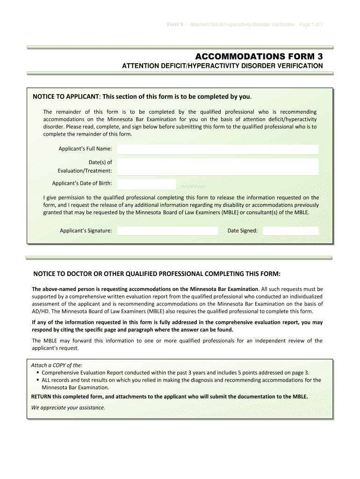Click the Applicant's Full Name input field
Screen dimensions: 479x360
click(x=218, y=149)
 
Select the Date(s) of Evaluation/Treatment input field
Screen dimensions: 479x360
click(x=218, y=167)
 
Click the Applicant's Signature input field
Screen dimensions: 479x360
click(x=167, y=231)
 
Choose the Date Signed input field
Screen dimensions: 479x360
click(x=290, y=231)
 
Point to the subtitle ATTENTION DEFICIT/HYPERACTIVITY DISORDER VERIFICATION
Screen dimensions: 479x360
click(x=222, y=66)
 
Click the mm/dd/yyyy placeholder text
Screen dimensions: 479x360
click(x=193, y=186)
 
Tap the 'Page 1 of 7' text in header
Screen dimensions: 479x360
click(x=310, y=24)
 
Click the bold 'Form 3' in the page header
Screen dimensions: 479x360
click(x=175, y=24)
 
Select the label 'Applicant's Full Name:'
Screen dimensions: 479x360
click(x=85, y=149)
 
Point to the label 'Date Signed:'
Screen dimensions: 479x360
click(x=242, y=231)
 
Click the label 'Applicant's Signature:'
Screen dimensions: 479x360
click(x=86, y=231)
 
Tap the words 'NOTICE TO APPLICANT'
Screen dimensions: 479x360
click(x=65, y=97)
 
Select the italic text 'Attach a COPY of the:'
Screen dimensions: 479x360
click(x=56, y=365)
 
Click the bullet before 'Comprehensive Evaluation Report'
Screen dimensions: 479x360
click(x=37, y=373)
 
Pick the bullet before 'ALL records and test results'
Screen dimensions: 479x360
click(x=37, y=380)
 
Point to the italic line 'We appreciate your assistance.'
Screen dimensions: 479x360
click(x=68, y=407)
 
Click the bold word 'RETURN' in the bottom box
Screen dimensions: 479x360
click(x=42, y=396)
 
